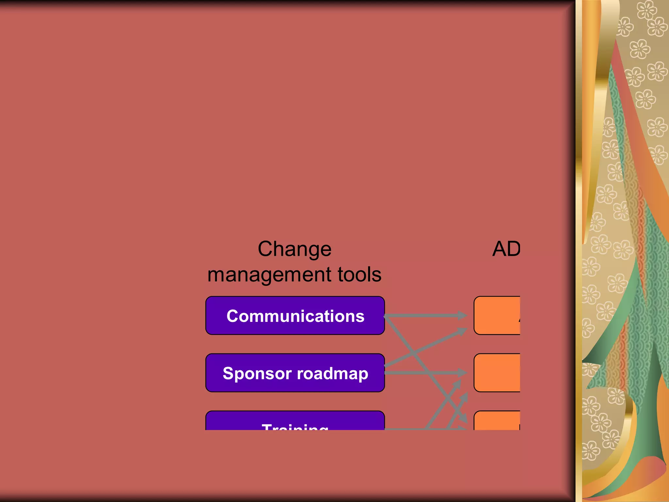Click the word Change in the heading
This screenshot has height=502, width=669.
294,249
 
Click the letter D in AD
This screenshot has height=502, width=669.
514,249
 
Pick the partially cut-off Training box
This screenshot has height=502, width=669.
295,421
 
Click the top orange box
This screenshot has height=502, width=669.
497,315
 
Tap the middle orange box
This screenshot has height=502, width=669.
497,373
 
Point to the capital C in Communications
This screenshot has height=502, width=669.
233,316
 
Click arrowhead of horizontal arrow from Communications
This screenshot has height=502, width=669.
463,315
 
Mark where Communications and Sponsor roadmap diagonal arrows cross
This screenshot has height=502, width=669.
414,353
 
